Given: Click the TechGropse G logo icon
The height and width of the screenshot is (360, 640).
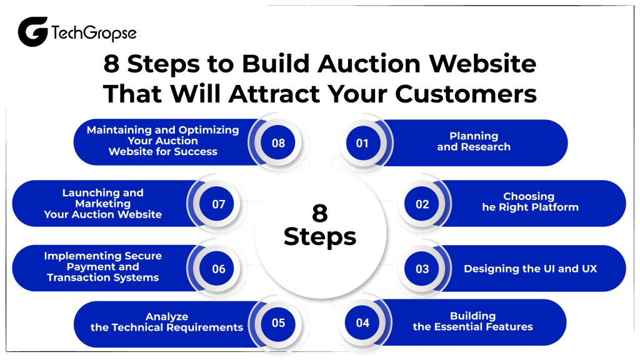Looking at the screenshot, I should click(32, 32).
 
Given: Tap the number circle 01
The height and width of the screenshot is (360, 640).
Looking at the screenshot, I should click(362, 143).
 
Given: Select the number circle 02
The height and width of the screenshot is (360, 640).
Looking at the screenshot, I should click(422, 204).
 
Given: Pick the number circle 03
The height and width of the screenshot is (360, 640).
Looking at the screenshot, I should click(422, 269).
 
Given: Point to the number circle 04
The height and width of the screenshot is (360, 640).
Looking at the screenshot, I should click(362, 323).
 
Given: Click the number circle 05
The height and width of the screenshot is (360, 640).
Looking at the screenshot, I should click(278, 323).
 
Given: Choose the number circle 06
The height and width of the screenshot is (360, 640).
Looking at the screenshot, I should click(218, 269).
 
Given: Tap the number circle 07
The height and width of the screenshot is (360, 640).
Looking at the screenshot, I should click(218, 204).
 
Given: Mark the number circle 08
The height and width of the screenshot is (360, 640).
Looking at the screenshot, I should click(278, 143).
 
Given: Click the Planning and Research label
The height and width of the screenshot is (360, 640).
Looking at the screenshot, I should click(474, 142).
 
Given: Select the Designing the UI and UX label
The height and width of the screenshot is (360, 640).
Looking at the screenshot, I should click(530, 269).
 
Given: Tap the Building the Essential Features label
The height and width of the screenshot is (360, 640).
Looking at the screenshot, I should click(472, 321).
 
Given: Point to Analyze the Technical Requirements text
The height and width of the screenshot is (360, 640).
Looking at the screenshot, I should click(166, 322).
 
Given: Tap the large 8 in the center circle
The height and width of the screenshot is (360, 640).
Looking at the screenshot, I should click(319, 213).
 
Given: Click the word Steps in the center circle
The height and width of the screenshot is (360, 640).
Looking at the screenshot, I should click(319, 237).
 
